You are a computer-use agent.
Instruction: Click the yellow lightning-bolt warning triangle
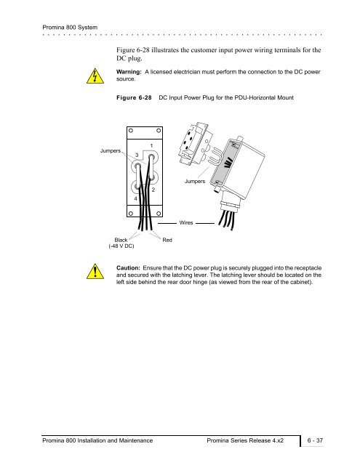pyautogui.click(x=95, y=76)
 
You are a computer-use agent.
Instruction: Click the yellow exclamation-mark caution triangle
pyautogui.click(x=95, y=272)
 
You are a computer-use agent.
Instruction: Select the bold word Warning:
pyautogui.click(x=129, y=72)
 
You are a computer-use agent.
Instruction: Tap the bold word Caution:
pyautogui.click(x=128, y=268)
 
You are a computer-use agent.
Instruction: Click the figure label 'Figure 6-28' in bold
pyautogui.click(x=134, y=97)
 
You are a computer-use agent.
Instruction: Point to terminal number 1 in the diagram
pyautogui.click(x=151, y=145)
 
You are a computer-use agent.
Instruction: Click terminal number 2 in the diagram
pyautogui.click(x=153, y=190)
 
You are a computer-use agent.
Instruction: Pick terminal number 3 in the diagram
pyautogui.click(x=137, y=155)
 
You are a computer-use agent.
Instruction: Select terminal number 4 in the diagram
pyautogui.click(x=135, y=198)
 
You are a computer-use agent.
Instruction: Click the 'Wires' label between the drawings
pyautogui.click(x=186, y=223)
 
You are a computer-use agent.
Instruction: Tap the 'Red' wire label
pyautogui.click(x=167, y=240)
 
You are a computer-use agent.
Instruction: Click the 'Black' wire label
pyautogui.click(x=121, y=240)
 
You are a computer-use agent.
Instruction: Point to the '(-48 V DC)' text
pyautogui.click(x=121, y=246)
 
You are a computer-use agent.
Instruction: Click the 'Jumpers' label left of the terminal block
pyautogui.click(x=111, y=150)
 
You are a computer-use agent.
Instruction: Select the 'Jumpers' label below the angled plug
pyautogui.click(x=195, y=181)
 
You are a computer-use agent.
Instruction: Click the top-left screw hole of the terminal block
pyautogui.click(x=131, y=131)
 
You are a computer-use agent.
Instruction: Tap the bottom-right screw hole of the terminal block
pyautogui.click(x=159, y=214)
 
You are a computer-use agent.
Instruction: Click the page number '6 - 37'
pyautogui.click(x=315, y=440)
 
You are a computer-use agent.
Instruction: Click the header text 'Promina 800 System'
pyautogui.click(x=70, y=28)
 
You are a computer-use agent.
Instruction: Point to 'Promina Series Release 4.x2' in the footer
pyautogui.click(x=245, y=440)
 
